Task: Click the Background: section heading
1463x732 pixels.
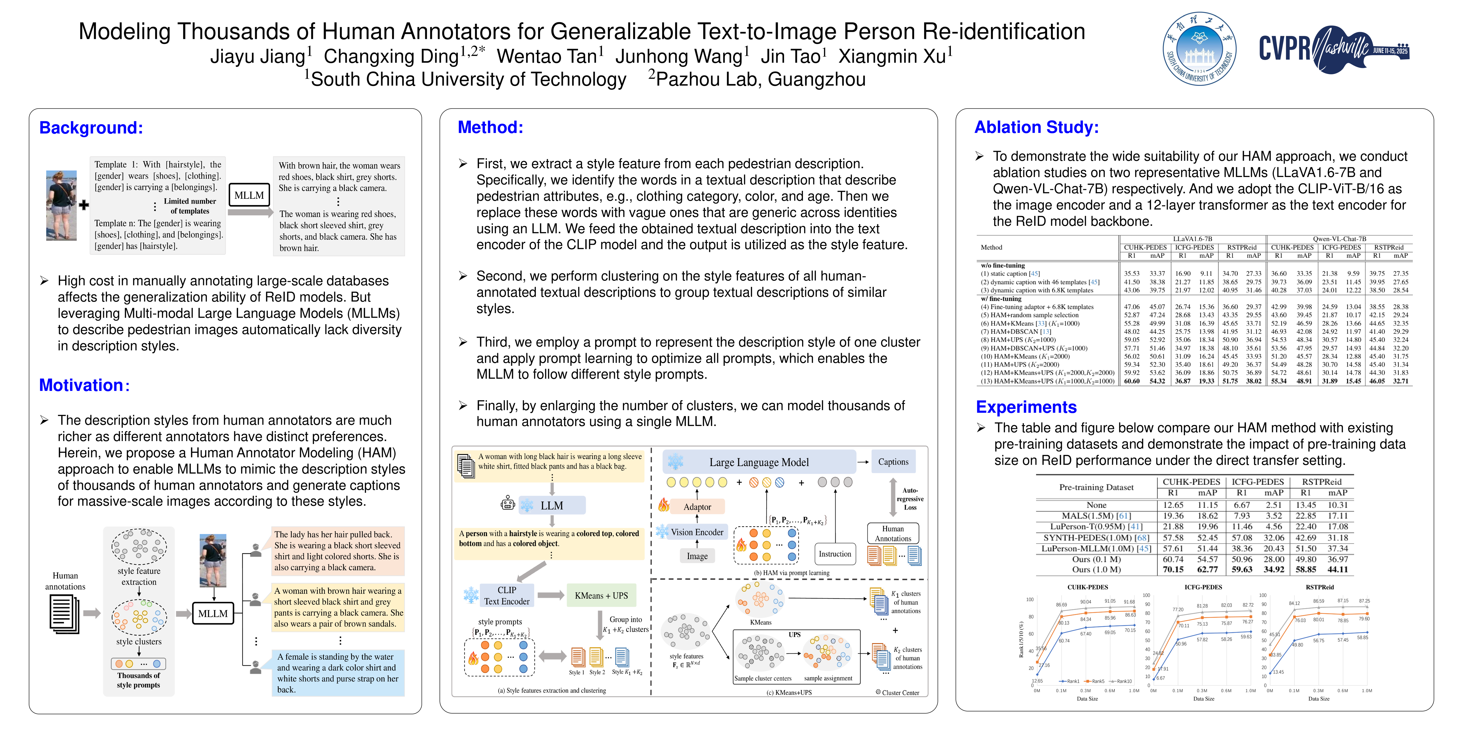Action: (x=91, y=128)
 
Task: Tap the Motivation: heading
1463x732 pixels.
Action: (x=84, y=385)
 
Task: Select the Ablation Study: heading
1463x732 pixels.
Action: (x=1036, y=127)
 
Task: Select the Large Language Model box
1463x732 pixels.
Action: (x=759, y=462)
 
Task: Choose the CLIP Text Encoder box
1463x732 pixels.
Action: (x=507, y=596)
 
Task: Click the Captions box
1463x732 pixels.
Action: (x=893, y=462)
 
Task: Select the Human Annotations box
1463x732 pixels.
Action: (x=893, y=533)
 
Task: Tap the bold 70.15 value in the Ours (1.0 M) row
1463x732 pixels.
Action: (x=1173, y=570)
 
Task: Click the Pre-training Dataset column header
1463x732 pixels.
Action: (x=1096, y=487)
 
